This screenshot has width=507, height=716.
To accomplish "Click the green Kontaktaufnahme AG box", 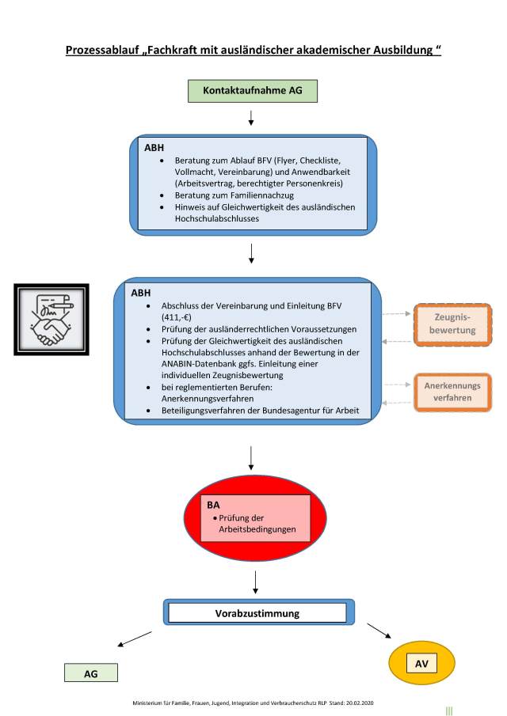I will pyautogui.click(x=252, y=91).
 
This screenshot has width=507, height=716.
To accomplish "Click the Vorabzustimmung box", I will pyautogui.click(x=257, y=613).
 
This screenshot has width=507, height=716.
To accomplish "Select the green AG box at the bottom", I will pyautogui.click(x=90, y=673).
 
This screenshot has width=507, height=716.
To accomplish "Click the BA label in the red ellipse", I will pyautogui.click(x=213, y=503).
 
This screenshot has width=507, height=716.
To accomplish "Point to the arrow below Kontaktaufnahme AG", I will pyautogui.click(x=251, y=118).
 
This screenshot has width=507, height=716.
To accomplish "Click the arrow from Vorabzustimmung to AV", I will pyautogui.click(x=379, y=630).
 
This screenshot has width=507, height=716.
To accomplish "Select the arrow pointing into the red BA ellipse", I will pyautogui.click(x=250, y=458).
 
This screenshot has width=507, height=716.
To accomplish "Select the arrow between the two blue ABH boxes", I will pyautogui.click(x=251, y=253).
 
